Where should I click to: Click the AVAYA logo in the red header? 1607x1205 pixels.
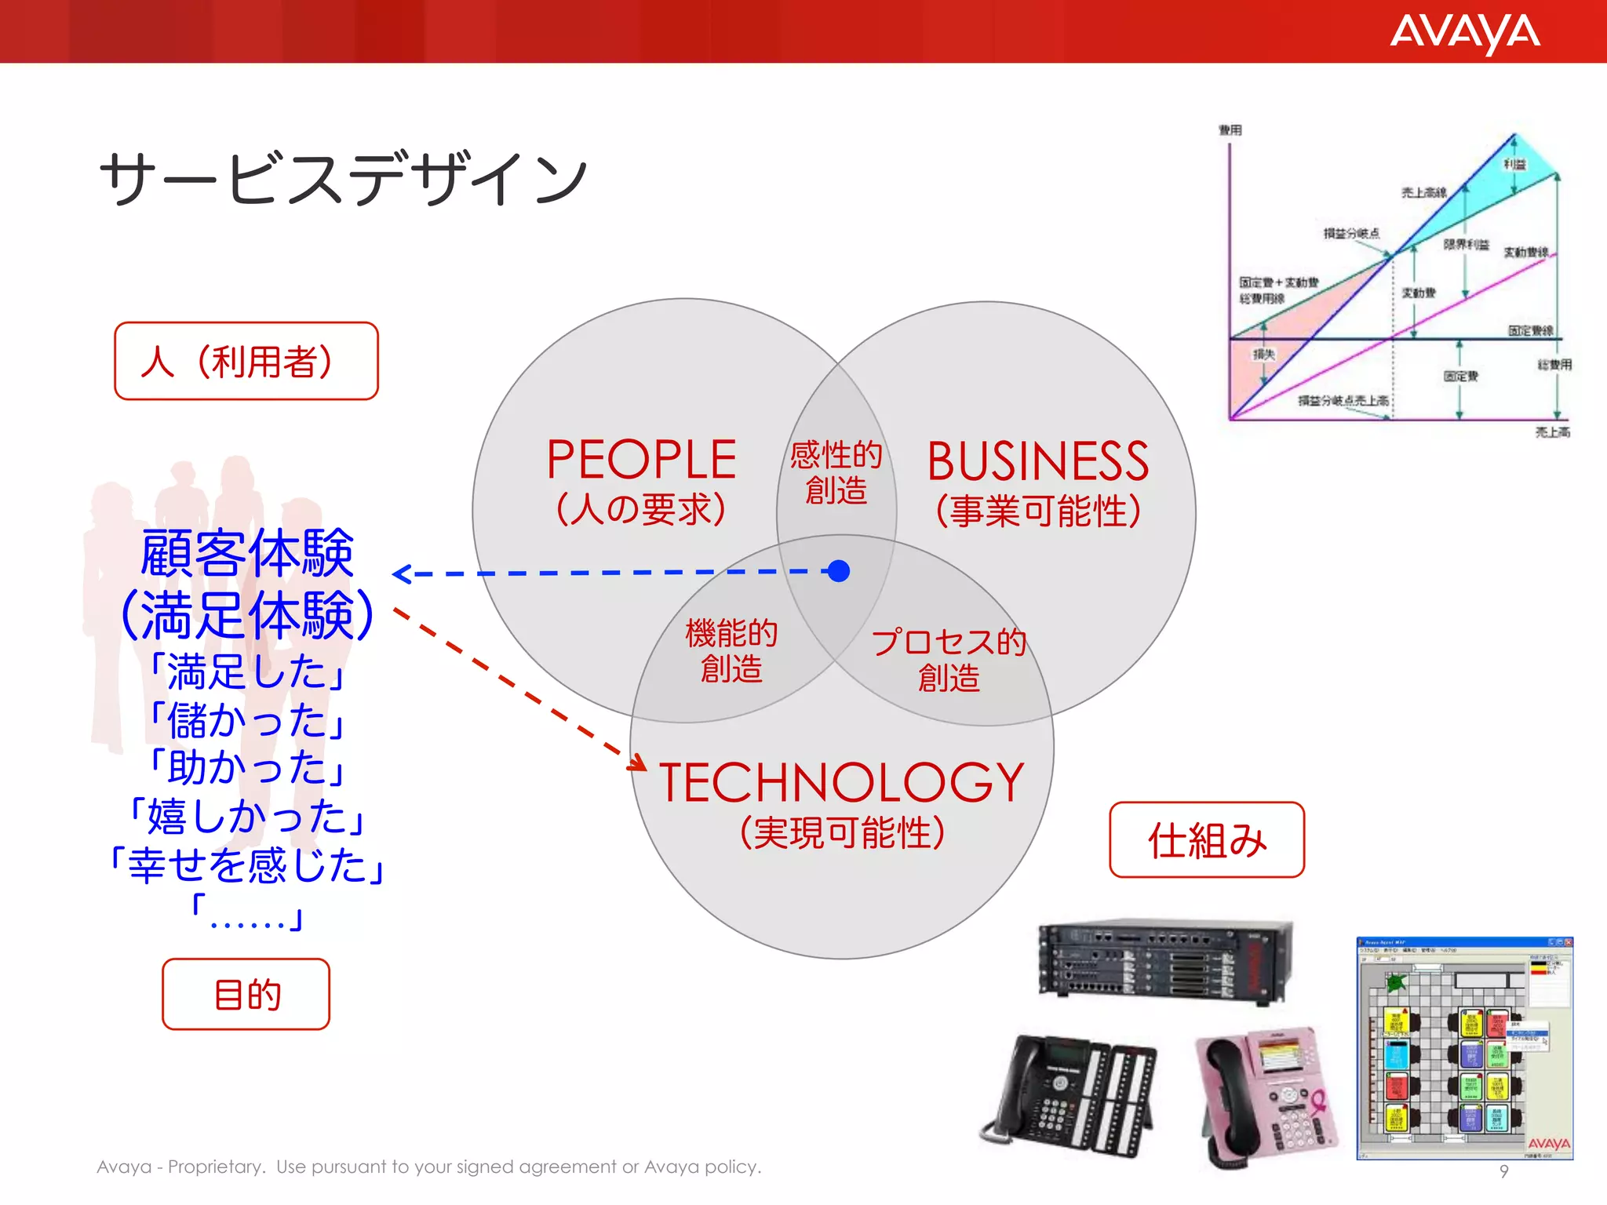(1464, 33)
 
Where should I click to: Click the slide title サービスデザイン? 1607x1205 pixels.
(343, 179)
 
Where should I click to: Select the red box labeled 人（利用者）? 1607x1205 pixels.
(246, 361)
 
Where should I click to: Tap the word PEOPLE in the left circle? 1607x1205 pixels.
(641, 460)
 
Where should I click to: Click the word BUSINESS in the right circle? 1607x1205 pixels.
(1037, 461)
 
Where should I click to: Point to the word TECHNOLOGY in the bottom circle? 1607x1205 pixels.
(841, 783)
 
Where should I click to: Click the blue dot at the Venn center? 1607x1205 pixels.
(839, 571)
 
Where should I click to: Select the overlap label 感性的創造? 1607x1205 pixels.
(836, 472)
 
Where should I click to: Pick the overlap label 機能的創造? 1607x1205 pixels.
(731, 650)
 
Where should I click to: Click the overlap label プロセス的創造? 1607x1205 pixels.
(949, 659)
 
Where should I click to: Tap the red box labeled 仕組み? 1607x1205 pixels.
(1207, 839)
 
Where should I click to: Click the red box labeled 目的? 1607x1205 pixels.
(246, 994)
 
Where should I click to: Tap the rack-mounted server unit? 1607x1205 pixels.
(1165, 961)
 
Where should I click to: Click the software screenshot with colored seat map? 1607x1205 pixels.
(1464, 1047)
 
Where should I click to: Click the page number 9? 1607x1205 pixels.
(1503, 1171)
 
